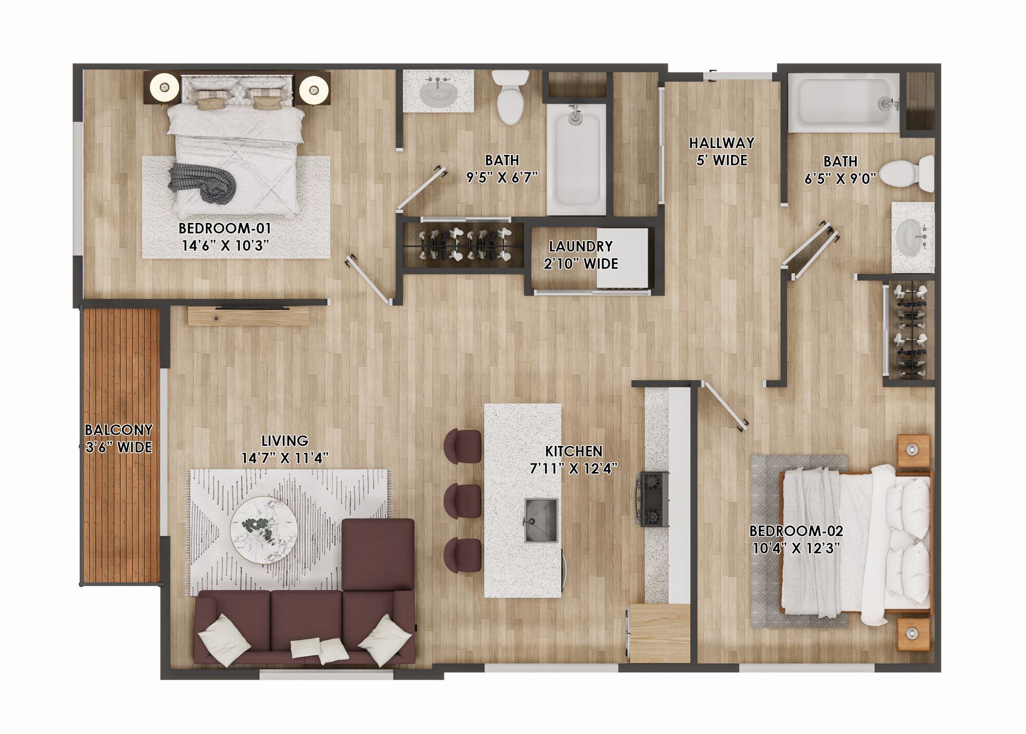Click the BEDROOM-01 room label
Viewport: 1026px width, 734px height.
coord(224,228)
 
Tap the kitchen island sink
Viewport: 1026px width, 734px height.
coord(541,520)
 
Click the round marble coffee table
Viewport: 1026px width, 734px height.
coord(264,530)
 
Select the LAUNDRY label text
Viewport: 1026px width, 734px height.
coord(580,246)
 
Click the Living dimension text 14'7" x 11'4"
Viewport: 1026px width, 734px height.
coord(284,458)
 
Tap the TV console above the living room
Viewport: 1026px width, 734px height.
coord(248,316)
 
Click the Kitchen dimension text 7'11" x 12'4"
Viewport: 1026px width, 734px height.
coord(573,468)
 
